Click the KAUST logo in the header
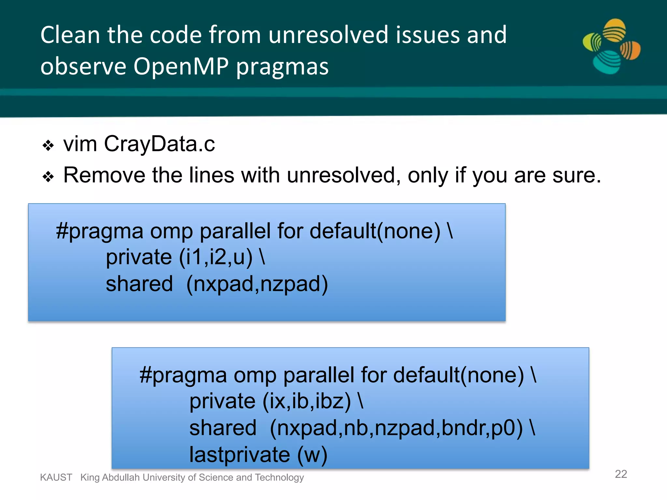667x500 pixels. click(612, 46)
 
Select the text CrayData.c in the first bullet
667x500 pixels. click(159, 144)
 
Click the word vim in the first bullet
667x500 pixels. click(80, 144)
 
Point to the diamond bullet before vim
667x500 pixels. click(48, 146)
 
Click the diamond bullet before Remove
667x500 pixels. click(48, 177)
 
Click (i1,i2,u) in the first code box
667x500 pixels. click(216, 257)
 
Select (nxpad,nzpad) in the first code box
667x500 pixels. click(257, 284)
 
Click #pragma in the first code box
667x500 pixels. click(99, 231)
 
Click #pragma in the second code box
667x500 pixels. click(183, 375)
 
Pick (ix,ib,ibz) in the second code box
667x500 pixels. click(307, 401)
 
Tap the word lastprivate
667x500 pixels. click(240, 455)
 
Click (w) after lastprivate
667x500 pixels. click(312, 455)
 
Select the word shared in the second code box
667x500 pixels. click(223, 428)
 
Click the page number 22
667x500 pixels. click(621, 474)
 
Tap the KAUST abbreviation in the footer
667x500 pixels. click(56, 478)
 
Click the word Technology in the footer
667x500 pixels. click(279, 478)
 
